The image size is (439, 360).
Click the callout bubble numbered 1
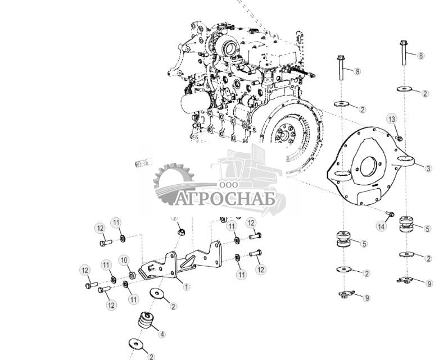tap(187, 286)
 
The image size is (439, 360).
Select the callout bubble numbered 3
tap(428, 168)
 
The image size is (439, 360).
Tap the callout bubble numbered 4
tap(162, 334)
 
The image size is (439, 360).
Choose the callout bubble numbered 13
tap(392, 119)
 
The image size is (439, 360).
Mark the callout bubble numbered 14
tap(382, 226)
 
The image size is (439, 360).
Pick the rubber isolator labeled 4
tap(144, 324)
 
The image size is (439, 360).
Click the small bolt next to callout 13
tap(399, 138)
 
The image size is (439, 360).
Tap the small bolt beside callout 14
tap(391, 214)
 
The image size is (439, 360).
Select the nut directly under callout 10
tap(132, 275)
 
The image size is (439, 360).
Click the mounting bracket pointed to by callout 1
tap(169, 268)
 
